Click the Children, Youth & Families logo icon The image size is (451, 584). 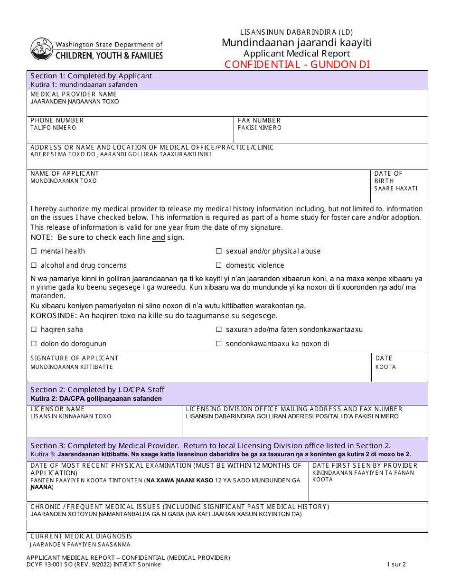[x=42, y=49]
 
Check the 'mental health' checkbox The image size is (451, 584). [x=34, y=251]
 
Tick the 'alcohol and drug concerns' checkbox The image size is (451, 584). [x=34, y=265]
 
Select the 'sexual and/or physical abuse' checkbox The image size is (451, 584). [x=219, y=251]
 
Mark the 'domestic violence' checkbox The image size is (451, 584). [x=219, y=265]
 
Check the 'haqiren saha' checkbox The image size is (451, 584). [x=34, y=330]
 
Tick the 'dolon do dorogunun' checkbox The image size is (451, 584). [x=34, y=344]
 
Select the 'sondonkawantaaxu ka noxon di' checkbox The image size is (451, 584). [x=219, y=344]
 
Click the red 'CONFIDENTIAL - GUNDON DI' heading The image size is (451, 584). [x=297, y=65]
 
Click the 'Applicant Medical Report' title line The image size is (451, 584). [x=297, y=54]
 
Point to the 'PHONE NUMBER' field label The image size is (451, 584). [x=57, y=121]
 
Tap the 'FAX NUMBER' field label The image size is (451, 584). [x=259, y=121]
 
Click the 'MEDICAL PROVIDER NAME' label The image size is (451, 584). [x=74, y=94]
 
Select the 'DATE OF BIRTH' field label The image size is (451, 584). [x=388, y=177]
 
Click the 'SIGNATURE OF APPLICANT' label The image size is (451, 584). [x=75, y=358]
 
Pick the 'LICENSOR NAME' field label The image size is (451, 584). [x=57, y=409]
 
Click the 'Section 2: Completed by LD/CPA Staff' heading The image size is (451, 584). [x=97, y=390]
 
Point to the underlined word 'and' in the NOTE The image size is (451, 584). [x=159, y=237]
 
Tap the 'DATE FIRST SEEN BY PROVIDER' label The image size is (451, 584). [x=365, y=466]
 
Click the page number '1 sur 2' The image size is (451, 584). [x=396, y=565]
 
